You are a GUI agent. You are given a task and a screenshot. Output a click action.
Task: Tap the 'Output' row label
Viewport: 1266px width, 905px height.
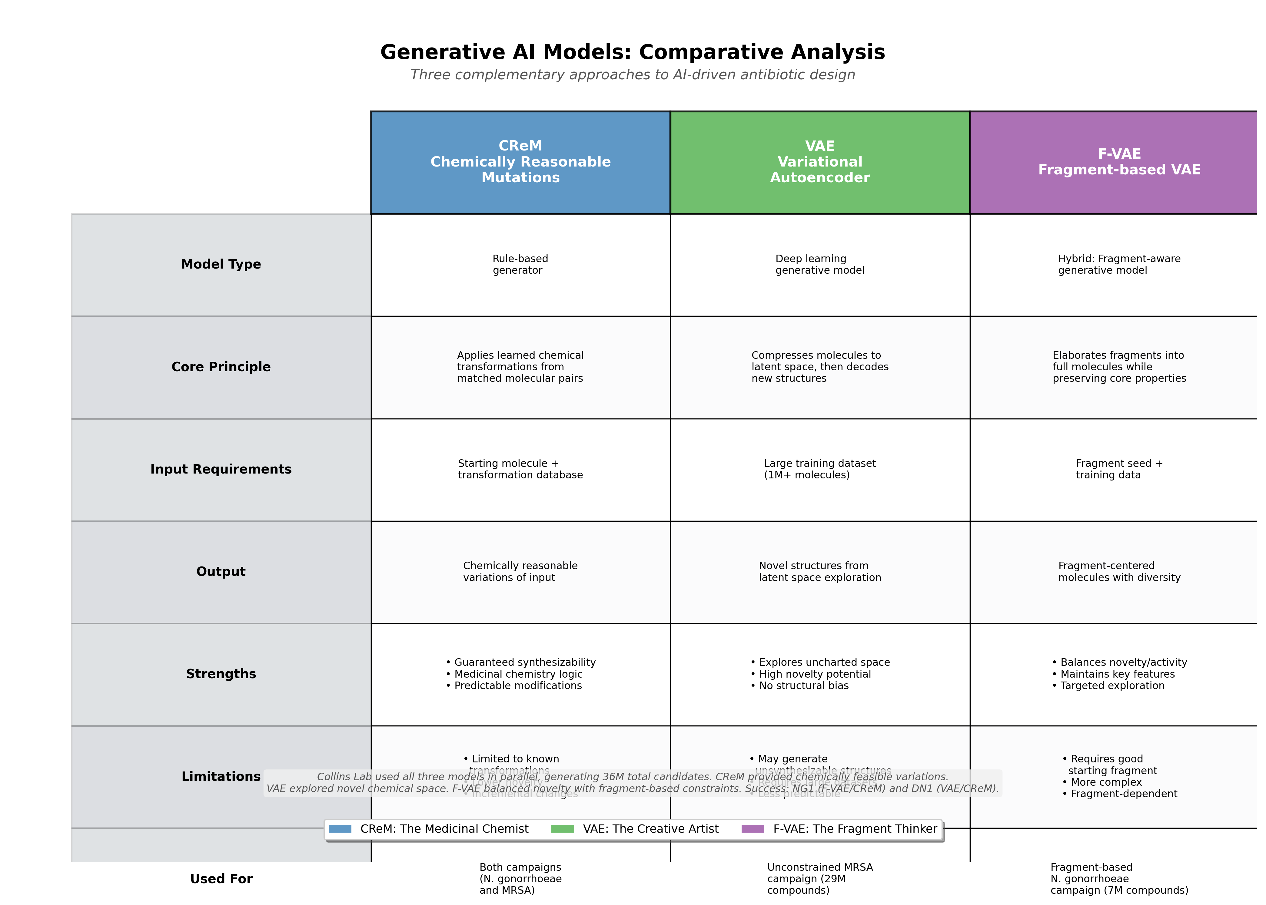click(221, 572)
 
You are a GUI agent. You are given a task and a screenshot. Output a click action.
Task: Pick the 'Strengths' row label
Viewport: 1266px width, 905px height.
click(221, 674)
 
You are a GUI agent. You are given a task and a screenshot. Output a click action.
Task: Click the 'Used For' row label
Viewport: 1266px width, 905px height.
click(221, 879)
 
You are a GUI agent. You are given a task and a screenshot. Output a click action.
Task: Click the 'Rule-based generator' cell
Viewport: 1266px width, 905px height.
click(520, 265)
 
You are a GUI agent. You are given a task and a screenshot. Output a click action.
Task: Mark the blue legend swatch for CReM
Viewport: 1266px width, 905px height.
click(340, 829)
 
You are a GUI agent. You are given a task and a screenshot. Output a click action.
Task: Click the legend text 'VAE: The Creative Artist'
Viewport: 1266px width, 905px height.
click(650, 829)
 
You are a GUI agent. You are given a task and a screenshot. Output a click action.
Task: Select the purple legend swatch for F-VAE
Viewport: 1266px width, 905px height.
click(753, 829)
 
